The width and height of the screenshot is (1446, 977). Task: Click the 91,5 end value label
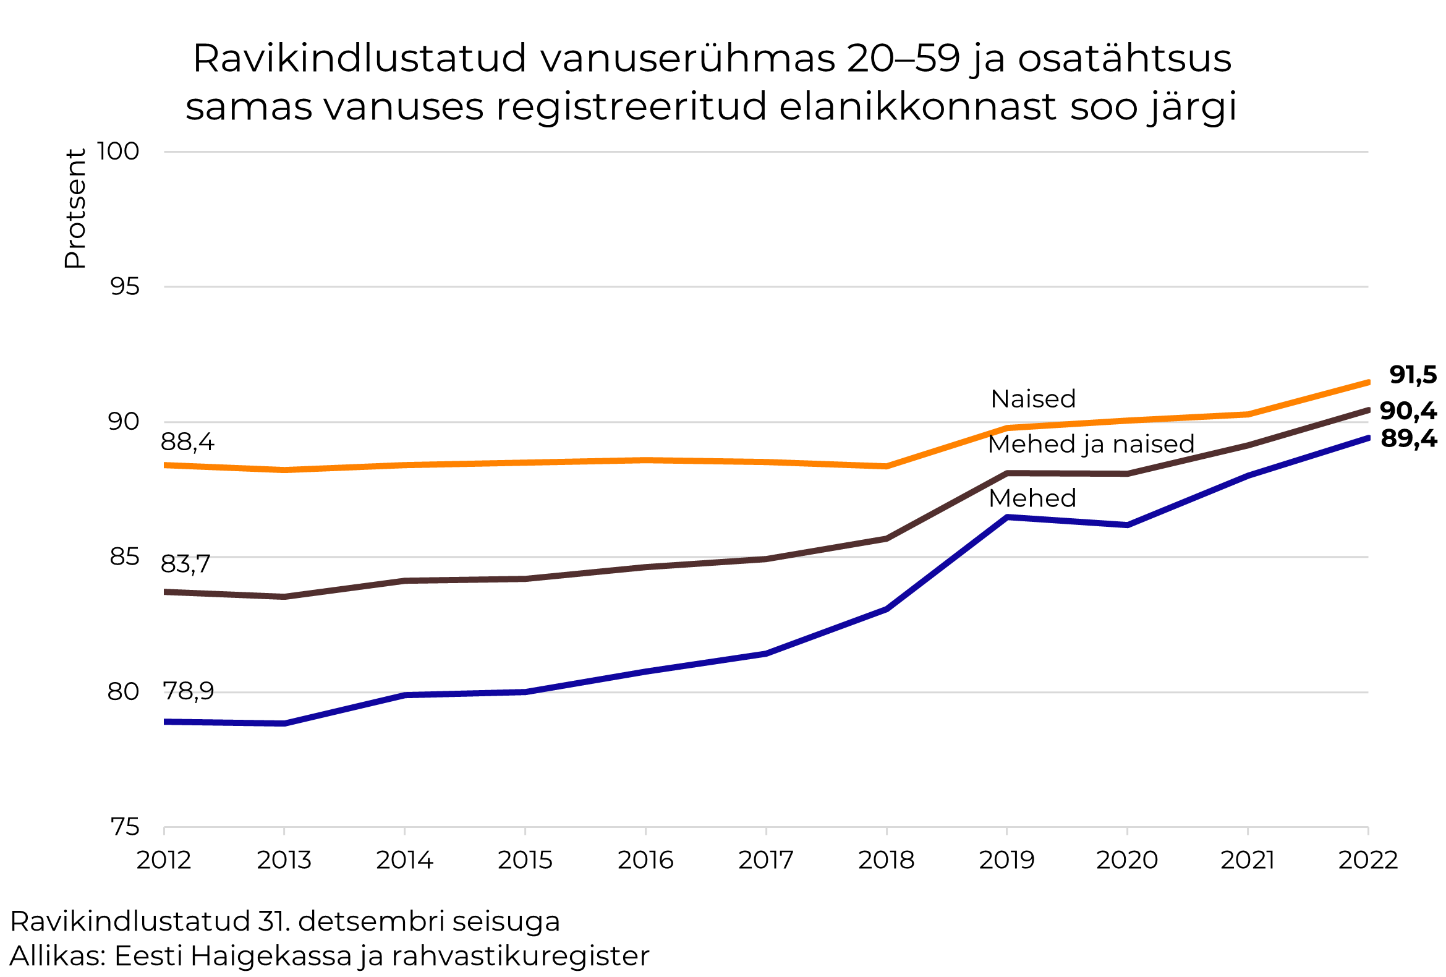pyautogui.click(x=1413, y=375)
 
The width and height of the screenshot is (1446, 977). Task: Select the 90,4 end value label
pyautogui.click(x=1408, y=411)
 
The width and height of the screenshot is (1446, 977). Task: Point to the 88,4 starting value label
pyautogui.click(x=187, y=443)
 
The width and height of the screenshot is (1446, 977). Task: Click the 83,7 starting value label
pyautogui.click(x=185, y=565)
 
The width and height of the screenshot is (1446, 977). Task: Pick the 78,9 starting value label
pyautogui.click(x=189, y=691)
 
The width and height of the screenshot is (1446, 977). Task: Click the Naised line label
pyautogui.click(x=1033, y=399)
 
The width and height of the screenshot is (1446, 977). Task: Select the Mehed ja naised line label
pyautogui.click(x=1091, y=445)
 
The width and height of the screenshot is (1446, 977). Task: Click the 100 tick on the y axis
pyautogui.click(x=118, y=151)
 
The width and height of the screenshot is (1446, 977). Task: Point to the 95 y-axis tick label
pyautogui.click(x=124, y=286)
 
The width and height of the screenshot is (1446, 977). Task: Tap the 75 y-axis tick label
pyautogui.click(x=124, y=827)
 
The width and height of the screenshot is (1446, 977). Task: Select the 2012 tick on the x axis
pyautogui.click(x=164, y=861)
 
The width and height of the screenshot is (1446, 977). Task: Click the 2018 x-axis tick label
pyautogui.click(x=886, y=861)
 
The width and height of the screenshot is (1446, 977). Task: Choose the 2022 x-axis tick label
pyautogui.click(x=1367, y=861)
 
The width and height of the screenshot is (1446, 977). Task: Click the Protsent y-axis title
pyautogui.click(x=75, y=209)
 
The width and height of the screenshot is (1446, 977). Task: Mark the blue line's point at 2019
pyautogui.click(x=1006, y=517)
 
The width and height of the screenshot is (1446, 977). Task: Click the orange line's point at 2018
pyautogui.click(x=886, y=466)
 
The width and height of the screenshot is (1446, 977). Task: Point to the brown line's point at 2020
pyautogui.click(x=1127, y=474)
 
